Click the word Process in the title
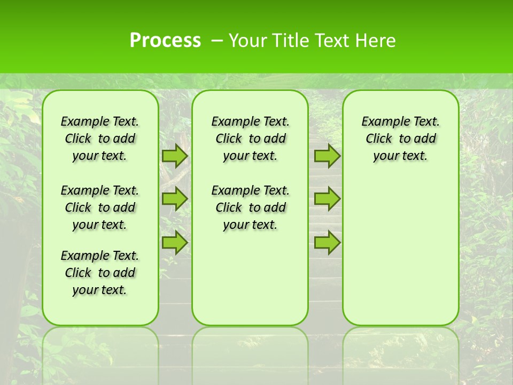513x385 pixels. [165, 41]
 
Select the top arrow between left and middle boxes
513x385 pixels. [175, 156]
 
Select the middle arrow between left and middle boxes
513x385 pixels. [175, 199]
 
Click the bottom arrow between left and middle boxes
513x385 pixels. [175, 243]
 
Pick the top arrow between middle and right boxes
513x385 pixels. [327, 156]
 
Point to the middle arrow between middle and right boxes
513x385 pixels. [327, 199]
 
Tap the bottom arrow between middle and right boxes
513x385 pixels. [327, 243]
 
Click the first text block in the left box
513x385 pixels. [100, 138]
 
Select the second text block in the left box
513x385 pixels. [100, 207]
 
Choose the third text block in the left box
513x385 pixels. [100, 273]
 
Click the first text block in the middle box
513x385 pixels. [250, 138]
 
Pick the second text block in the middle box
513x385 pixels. [250, 207]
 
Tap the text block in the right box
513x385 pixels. [400, 138]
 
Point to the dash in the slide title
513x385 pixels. [217, 41]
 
